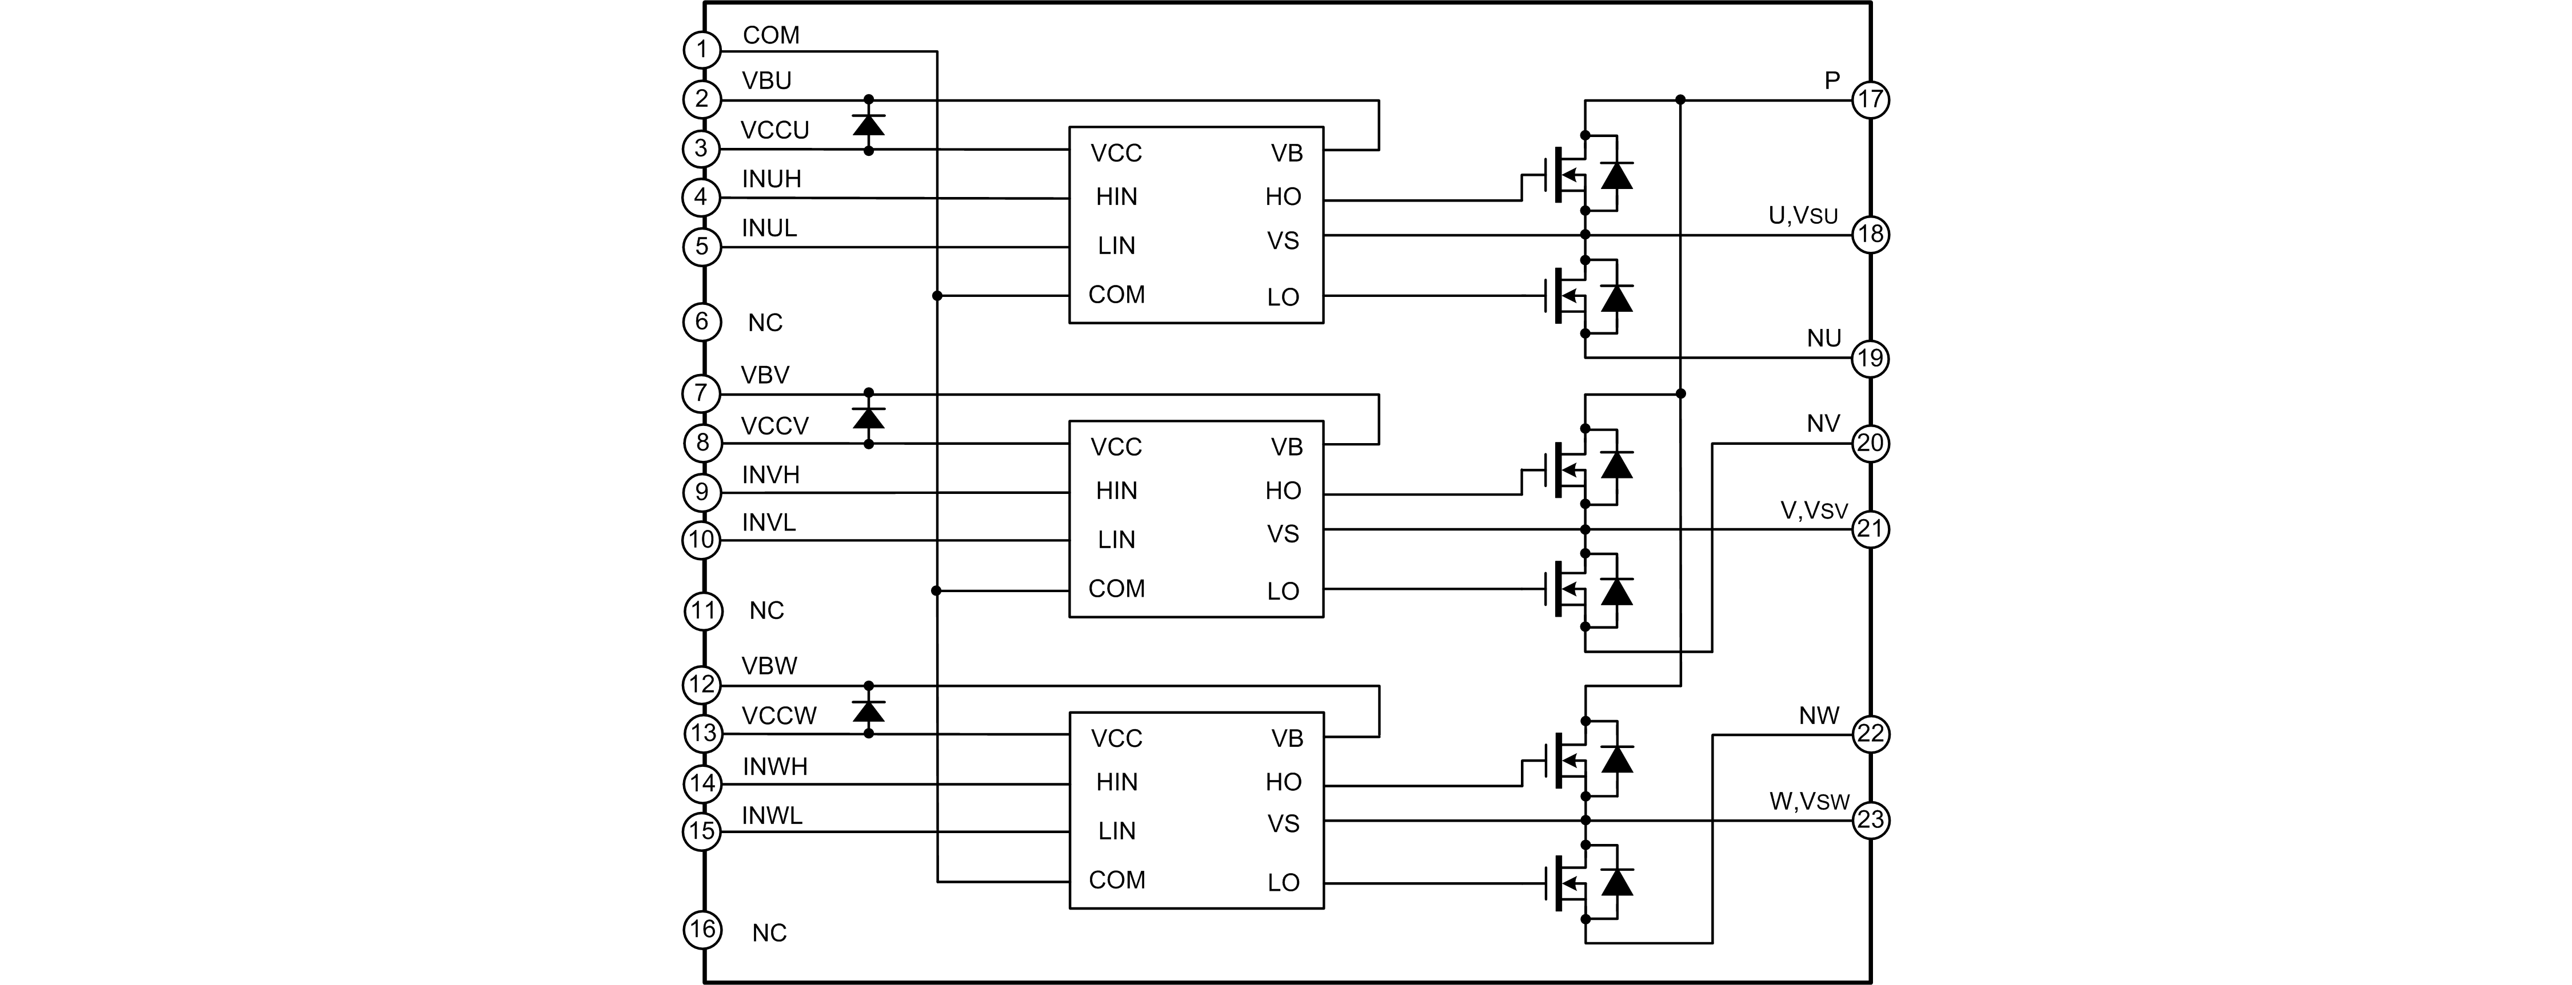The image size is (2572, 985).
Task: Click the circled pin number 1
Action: pyautogui.click(x=702, y=50)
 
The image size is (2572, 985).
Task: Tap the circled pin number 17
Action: pyautogui.click(x=1870, y=100)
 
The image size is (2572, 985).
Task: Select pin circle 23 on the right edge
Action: pyautogui.click(x=1870, y=821)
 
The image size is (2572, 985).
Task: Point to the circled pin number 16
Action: pyautogui.click(x=702, y=930)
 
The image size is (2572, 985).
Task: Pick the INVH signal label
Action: pyautogui.click(x=771, y=475)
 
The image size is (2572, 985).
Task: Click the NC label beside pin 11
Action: pyautogui.click(x=767, y=611)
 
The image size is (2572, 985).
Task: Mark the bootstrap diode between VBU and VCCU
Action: pyautogui.click(x=869, y=124)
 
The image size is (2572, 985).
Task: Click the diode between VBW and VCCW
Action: pyautogui.click(x=869, y=710)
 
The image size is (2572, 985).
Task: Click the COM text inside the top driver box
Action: pyautogui.click(x=1116, y=295)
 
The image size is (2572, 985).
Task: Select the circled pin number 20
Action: pyautogui.click(x=1870, y=443)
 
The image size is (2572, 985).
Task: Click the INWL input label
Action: pyautogui.click(x=772, y=817)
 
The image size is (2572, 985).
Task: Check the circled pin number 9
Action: pyautogui.click(x=702, y=492)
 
